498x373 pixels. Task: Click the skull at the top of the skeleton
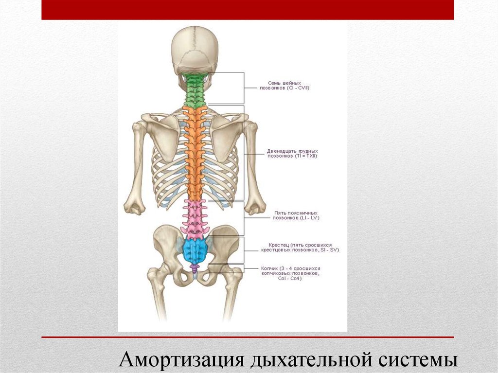click(x=195, y=49)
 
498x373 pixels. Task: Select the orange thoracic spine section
click(x=195, y=151)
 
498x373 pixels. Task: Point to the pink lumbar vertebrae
click(x=195, y=219)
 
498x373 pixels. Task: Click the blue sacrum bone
click(x=195, y=250)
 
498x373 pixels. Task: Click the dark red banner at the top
click(x=248, y=10)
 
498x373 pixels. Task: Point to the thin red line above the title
click(x=248, y=337)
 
